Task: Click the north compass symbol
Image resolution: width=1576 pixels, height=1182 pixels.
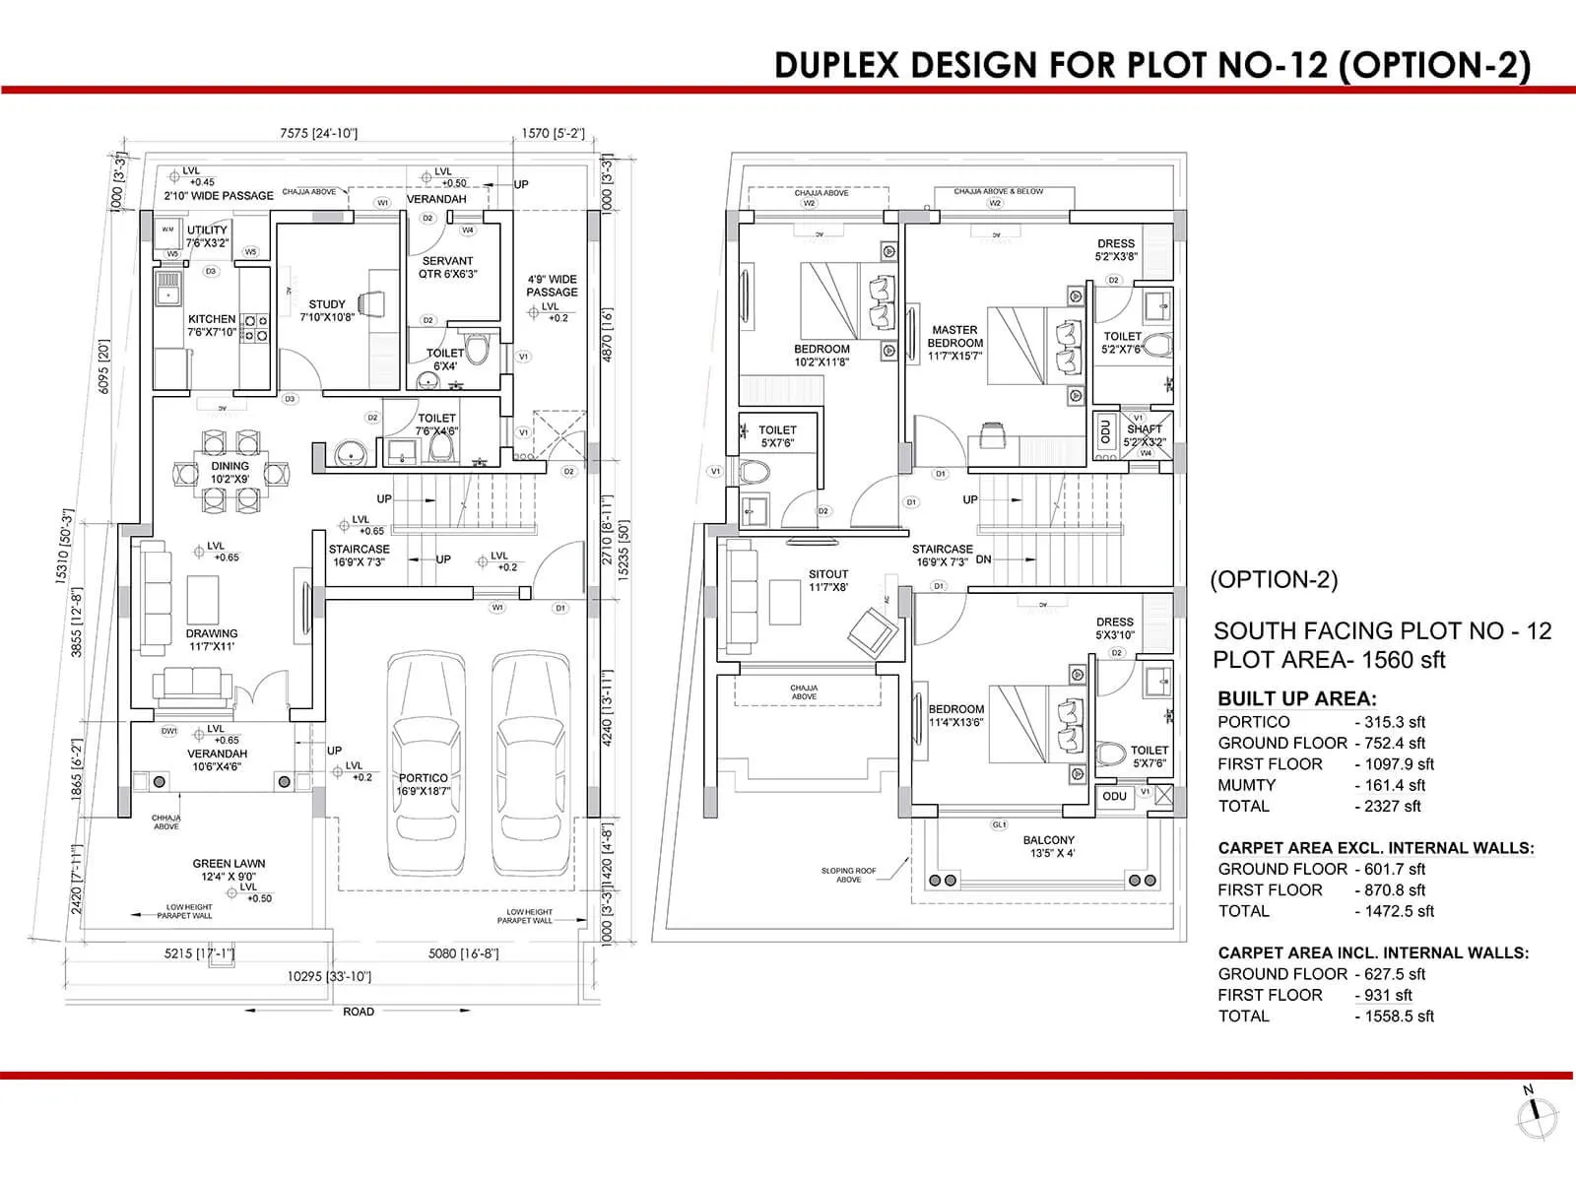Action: (1537, 1114)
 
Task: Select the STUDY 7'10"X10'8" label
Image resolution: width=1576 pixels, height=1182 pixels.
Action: (327, 311)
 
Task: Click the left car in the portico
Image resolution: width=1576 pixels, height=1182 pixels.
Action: (425, 763)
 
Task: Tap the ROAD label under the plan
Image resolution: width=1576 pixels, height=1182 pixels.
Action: (359, 1012)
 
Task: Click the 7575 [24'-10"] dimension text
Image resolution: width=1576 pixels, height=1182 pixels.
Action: (318, 133)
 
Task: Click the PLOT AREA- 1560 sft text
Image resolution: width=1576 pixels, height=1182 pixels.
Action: (1329, 660)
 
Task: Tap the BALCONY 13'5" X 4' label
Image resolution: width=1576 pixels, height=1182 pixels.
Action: (1048, 846)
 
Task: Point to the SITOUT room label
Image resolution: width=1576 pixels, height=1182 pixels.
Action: (828, 580)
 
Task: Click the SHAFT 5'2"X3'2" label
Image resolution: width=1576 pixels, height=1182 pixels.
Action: (1145, 435)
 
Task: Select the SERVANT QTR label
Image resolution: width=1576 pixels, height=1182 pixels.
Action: (447, 267)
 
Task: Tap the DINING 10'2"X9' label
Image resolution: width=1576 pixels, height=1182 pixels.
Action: (230, 472)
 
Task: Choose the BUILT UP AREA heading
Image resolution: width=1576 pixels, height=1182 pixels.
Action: (1296, 698)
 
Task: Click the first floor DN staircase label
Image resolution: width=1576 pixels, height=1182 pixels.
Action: (983, 558)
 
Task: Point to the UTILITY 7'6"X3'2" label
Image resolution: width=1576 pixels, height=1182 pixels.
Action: (207, 235)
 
